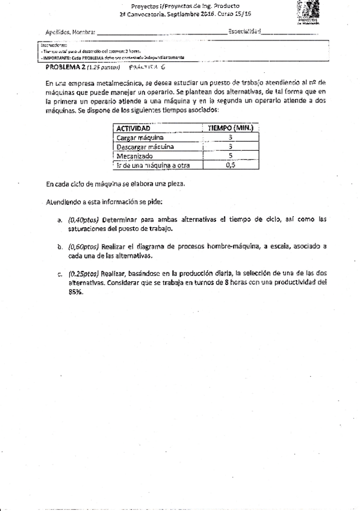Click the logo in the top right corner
(311, 11)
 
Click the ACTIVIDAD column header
(133, 128)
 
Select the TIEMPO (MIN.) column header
(231, 128)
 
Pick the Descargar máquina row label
(145, 146)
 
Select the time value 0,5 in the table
(231, 165)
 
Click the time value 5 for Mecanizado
(231, 155)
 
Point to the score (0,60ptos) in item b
(83, 247)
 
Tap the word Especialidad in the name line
(244, 31)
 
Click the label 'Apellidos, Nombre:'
(70, 32)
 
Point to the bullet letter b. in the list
(60, 247)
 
